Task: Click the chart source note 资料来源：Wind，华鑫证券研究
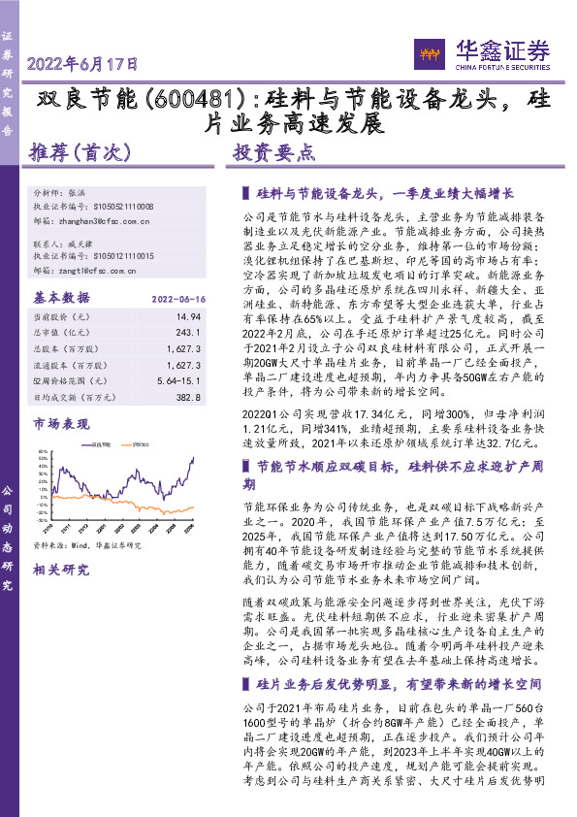[x=87, y=545]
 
